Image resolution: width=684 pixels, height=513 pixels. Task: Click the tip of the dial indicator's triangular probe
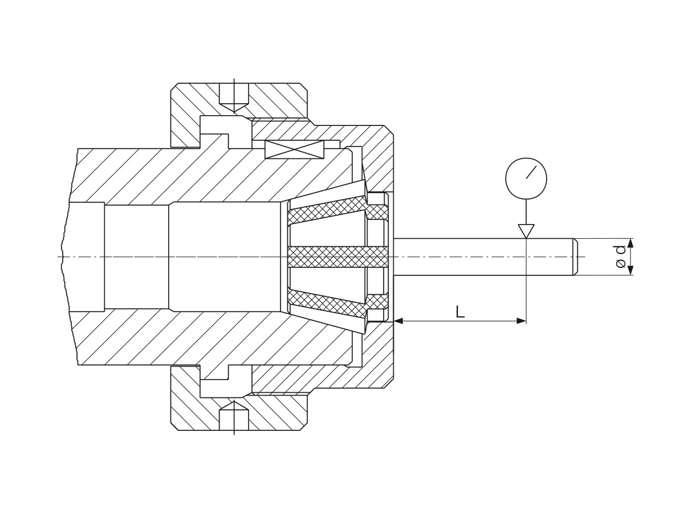click(526, 238)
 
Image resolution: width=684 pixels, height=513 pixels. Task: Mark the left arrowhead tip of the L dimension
click(394, 321)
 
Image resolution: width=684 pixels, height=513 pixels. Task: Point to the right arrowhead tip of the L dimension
click(526, 321)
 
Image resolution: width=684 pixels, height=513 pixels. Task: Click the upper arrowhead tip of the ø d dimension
click(630, 239)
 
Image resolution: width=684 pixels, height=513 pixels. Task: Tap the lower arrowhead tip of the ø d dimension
click(630, 275)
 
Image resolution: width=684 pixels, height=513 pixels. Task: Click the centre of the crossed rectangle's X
click(294, 149)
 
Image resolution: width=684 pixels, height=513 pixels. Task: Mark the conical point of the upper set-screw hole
click(234, 112)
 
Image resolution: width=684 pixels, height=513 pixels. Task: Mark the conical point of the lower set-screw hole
click(234, 401)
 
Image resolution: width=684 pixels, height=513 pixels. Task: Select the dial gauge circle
click(526, 178)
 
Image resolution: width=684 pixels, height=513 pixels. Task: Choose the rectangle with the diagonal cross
click(294, 149)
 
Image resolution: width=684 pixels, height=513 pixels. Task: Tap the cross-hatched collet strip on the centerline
click(338, 257)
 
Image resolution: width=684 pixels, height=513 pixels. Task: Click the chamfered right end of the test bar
click(576, 257)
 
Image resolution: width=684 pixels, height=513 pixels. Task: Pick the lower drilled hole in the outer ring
click(234, 416)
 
